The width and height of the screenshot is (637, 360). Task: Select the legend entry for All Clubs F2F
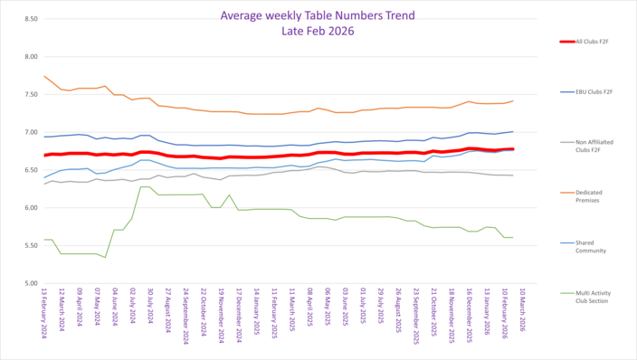pyautogui.click(x=591, y=42)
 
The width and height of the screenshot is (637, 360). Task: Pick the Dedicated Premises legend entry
pyautogui.click(x=591, y=195)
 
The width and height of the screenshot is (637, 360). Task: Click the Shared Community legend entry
pyautogui.click(x=591, y=246)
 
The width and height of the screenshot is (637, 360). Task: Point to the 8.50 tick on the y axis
pyautogui.click(x=30, y=18)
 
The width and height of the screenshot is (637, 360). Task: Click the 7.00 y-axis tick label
pyautogui.click(x=30, y=132)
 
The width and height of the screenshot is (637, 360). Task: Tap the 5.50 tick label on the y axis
pyautogui.click(x=30, y=245)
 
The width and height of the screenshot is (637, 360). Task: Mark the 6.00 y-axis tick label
pyautogui.click(x=30, y=207)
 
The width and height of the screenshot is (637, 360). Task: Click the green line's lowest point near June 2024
pyautogui.click(x=105, y=257)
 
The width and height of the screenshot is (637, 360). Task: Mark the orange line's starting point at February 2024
pyautogui.click(x=43, y=76)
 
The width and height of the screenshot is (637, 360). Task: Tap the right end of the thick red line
pyautogui.click(x=513, y=149)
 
